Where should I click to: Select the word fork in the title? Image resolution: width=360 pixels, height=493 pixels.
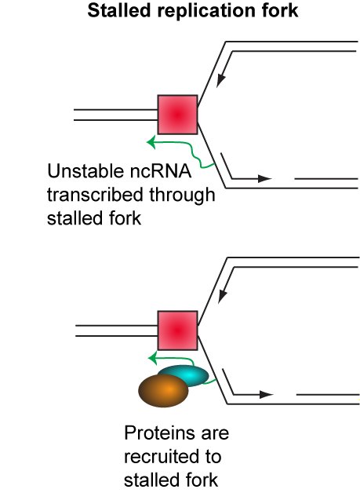(281, 10)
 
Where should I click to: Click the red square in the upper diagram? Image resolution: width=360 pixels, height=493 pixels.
(178, 115)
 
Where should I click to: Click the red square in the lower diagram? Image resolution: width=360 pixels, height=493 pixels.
(178, 330)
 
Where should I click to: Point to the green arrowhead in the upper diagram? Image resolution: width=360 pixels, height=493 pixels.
(151, 142)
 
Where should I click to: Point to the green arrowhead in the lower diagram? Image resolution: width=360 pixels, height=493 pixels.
(152, 359)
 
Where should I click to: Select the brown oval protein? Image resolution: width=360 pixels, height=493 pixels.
(163, 390)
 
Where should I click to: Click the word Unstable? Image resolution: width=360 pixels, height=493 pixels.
(85, 171)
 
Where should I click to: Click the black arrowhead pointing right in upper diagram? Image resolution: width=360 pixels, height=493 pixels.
(265, 178)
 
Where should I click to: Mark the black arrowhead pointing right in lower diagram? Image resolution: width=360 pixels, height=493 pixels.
(267, 394)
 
